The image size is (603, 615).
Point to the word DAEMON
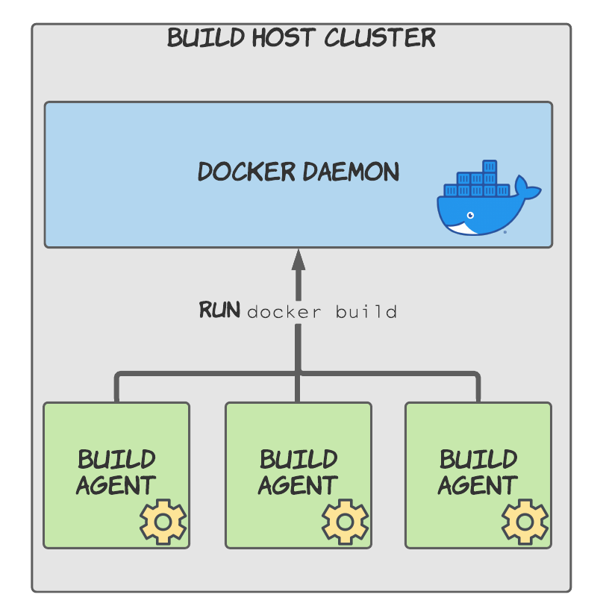click(350, 172)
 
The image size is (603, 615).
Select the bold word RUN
click(219, 310)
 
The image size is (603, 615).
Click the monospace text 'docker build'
click(322, 312)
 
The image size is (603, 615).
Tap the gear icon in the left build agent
click(163, 521)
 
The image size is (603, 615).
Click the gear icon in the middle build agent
click(345, 521)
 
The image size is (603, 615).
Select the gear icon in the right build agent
click(525, 521)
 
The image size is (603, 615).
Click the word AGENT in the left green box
click(116, 486)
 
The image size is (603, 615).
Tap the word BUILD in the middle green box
click(299, 459)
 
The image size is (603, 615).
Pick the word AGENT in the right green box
click(478, 486)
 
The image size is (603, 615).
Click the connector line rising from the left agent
click(117, 388)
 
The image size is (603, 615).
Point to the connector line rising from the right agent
click(478, 388)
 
